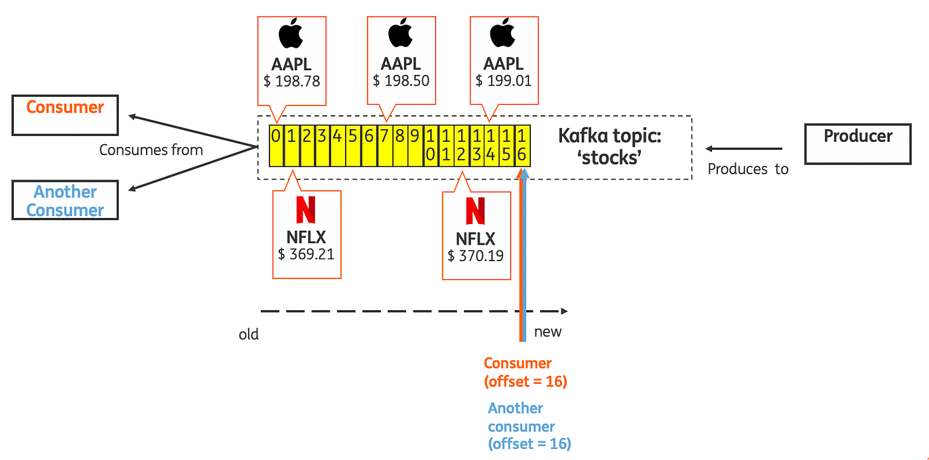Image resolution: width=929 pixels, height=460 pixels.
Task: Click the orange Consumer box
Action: (65, 115)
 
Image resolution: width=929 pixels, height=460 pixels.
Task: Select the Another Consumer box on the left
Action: (65, 200)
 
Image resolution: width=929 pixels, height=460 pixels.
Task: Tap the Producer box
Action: (857, 144)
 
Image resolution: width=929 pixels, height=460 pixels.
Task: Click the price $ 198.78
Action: (291, 81)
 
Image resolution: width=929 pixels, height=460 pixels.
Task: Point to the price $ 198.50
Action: (400, 81)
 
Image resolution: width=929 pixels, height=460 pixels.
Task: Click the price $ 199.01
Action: (503, 81)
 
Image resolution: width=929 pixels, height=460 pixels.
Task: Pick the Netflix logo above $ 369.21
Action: (306, 209)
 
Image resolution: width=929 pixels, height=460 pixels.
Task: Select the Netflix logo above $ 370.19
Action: (475, 210)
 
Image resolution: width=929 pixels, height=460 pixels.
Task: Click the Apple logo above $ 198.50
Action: (400, 34)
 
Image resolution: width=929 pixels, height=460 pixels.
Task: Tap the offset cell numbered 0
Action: (275, 145)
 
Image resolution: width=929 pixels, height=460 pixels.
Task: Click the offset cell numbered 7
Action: (385, 145)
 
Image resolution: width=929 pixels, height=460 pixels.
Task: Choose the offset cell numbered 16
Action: (522, 145)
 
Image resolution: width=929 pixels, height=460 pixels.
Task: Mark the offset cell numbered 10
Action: (431, 145)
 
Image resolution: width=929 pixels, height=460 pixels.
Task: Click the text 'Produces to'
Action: (748, 169)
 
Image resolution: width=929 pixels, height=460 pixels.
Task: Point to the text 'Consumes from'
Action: (151, 150)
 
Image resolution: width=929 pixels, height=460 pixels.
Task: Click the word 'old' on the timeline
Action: (249, 334)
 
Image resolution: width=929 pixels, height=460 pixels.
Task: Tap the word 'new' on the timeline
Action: (547, 332)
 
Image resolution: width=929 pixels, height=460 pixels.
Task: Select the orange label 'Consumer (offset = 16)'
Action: (525, 373)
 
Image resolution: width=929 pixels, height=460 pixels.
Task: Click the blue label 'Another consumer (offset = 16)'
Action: (529, 426)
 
